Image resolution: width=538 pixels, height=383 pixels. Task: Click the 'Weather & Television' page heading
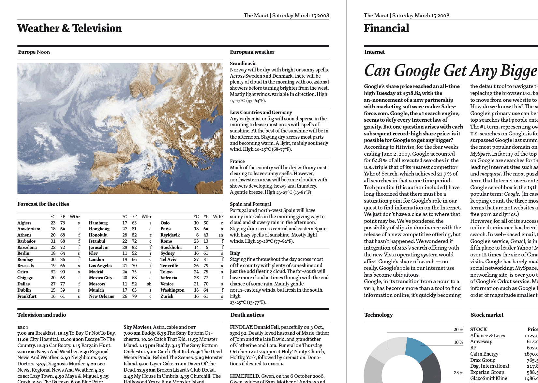pyautogui.click(x=69, y=28)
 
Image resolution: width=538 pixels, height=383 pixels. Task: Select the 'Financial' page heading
pyautogui.click(x=386, y=28)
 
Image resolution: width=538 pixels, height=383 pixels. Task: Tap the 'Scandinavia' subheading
pyautogui.click(x=243, y=64)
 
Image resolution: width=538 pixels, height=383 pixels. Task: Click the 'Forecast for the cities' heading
pyautogui.click(x=43, y=204)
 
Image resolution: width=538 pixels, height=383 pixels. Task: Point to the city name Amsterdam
pyautogui.click(x=29, y=229)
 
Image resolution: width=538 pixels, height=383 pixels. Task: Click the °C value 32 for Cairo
pyautogui.click(x=53, y=272)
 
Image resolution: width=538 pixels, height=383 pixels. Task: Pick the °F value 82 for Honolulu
pyautogui.click(x=134, y=235)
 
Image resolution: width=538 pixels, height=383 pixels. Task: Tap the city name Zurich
pyautogui.click(x=167, y=297)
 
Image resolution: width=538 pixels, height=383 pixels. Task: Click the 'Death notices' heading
pyautogui.click(x=247, y=315)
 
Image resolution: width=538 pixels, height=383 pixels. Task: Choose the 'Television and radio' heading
pyautogui.click(x=42, y=315)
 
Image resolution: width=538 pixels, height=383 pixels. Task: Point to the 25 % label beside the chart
pyautogui.click(x=458, y=373)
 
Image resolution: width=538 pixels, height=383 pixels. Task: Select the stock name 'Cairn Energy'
pyautogui.click(x=484, y=354)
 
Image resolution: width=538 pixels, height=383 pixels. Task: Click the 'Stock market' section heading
pyautogui.click(x=487, y=315)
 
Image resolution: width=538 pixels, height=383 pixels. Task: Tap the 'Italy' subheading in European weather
pyautogui.click(x=235, y=253)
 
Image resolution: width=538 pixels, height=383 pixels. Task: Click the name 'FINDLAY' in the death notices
pyautogui.click(x=241, y=327)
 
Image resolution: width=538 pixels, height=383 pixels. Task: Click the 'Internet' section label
pyautogui.click(x=374, y=52)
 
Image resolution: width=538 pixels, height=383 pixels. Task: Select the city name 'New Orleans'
pyautogui.click(x=101, y=297)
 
